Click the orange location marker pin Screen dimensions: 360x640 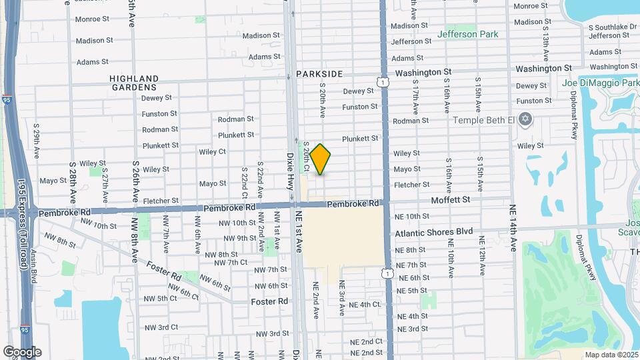[x=321, y=159]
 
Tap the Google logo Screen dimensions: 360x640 [x=22, y=352]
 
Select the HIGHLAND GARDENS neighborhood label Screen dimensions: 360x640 [x=134, y=83]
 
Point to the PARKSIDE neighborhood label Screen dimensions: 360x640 [x=319, y=74]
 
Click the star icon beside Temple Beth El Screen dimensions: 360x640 [x=525, y=119]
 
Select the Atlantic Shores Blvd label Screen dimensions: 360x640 [x=433, y=232]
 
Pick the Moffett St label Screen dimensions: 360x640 [x=451, y=199]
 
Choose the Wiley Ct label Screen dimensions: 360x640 [x=212, y=151]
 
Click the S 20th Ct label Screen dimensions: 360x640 [x=306, y=157]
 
